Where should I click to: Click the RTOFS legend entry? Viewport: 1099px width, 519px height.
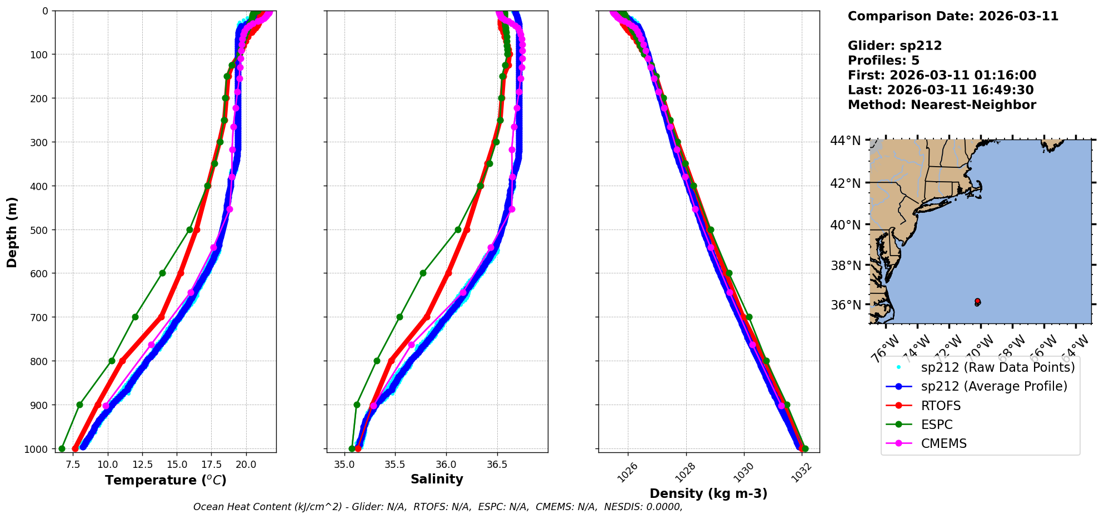[941, 406]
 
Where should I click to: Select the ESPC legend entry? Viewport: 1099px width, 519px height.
[937, 425]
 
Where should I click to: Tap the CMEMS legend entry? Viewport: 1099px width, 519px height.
[943, 443]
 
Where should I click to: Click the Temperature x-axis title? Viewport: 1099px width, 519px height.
[166, 480]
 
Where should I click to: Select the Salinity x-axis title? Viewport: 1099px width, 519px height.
[437, 479]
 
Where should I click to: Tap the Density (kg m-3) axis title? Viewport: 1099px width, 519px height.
[708, 493]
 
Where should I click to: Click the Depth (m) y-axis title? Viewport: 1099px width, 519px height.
[12, 232]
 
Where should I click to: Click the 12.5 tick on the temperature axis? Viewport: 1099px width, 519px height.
[142, 465]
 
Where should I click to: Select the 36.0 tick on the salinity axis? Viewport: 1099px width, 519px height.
[446, 465]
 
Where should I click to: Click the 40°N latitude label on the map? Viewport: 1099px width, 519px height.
[846, 225]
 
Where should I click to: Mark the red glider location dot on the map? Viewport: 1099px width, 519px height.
[978, 301]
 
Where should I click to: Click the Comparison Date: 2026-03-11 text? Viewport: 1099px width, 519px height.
[953, 16]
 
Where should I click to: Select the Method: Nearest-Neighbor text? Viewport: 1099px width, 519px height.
[942, 105]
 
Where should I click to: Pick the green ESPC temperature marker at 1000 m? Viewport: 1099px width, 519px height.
[62, 448]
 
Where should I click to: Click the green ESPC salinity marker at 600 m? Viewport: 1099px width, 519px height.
[423, 273]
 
